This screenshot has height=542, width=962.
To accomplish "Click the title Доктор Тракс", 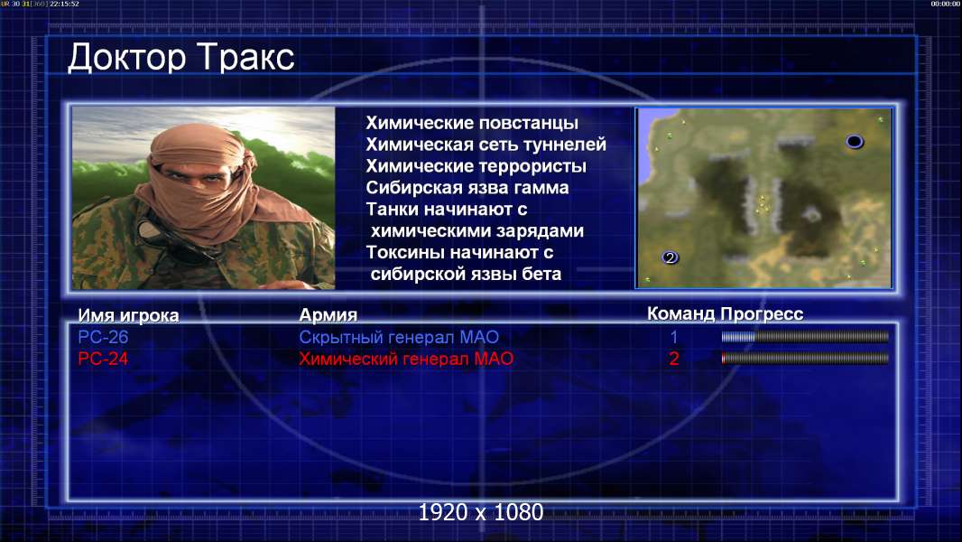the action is click(x=181, y=59).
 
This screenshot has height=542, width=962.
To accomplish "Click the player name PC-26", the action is click(x=103, y=337).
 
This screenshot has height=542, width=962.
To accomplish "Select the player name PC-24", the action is click(x=103, y=359).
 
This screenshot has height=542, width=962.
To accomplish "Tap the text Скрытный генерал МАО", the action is click(x=399, y=337).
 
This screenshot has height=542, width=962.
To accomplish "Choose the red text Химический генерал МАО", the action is click(x=406, y=359).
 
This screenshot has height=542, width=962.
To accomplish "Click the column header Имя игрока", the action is click(x=128, y=315).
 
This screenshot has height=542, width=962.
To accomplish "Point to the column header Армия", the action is click(x=328, y=315).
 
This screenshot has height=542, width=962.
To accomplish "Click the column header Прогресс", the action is click(x=762, y=314).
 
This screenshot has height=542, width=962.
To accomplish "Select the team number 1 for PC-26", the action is click(x=673, y=337).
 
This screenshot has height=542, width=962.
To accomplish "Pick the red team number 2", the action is click(x=673, y=359).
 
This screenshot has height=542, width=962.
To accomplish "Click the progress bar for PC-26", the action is click(x=805, y=336).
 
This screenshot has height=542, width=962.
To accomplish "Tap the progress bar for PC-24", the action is click(x=805, y=358).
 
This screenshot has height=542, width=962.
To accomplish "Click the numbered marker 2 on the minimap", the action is click(x=670, y=257).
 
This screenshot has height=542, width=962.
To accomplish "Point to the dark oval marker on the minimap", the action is click(x=854, y=142).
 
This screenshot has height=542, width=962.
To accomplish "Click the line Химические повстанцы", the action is click(x=472, y=124).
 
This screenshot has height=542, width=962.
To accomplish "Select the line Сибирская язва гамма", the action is click(x=467, y=188).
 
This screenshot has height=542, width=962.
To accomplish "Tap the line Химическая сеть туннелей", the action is click(x=486, y=145).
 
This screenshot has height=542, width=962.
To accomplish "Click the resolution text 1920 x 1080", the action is click(x=480, y=512).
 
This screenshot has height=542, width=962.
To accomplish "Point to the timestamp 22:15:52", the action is click(x=64, y=4).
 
